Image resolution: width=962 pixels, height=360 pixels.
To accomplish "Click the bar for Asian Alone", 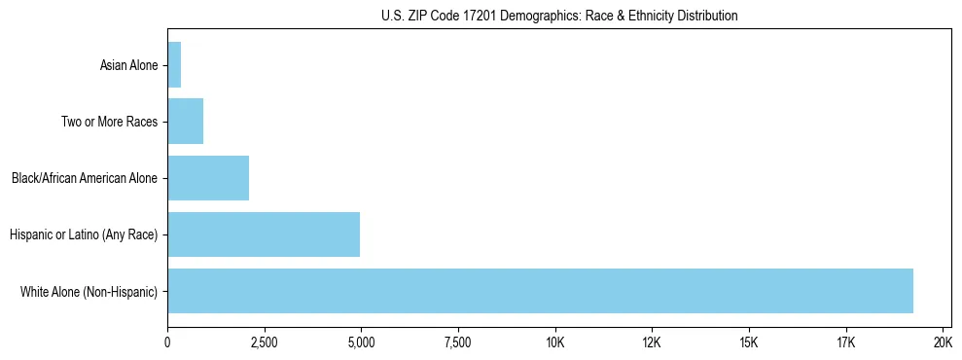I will point(174,65).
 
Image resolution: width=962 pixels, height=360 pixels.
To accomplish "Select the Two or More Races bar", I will point(185,122).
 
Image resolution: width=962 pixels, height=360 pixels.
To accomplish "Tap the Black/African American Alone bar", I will point(208,178).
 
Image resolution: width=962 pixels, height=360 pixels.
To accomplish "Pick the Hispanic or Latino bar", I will point(264,234).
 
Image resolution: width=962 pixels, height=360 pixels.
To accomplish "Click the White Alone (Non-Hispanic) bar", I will point(540,291).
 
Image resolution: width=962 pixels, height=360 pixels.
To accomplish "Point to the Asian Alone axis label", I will point(128,66).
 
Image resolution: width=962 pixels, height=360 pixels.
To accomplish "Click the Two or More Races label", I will point(109,123).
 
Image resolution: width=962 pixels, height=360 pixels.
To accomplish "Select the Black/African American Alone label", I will point(84,179).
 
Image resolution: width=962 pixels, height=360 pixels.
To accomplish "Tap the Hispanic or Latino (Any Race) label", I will point(83,235).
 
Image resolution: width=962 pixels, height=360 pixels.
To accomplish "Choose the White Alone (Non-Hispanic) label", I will point(89,292).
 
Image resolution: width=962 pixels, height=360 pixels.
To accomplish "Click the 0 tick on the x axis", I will point(167,342).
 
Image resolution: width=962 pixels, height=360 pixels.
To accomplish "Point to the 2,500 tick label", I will point(264,342).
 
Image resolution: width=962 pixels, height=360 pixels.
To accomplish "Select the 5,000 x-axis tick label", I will point(361,342).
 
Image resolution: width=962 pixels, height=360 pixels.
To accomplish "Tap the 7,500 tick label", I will point(457,342).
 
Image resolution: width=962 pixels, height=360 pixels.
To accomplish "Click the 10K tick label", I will point(554,342).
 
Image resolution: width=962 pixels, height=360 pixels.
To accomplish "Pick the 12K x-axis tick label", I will point(652,342).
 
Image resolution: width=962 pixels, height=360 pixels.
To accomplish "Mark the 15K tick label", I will point(748,342).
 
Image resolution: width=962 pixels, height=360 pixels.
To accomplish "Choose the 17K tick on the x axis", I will point(845,342).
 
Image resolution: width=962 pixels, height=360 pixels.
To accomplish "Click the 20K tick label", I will point(943,342).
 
